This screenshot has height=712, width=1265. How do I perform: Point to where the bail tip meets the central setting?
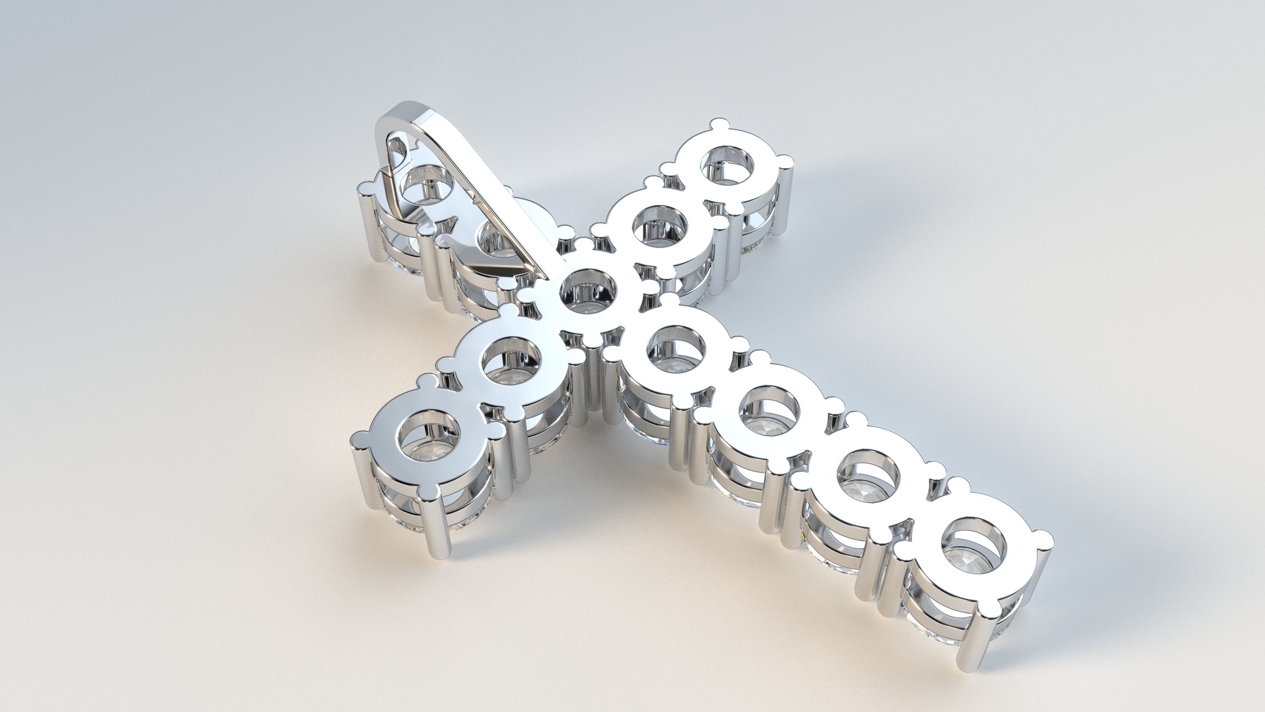545,275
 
